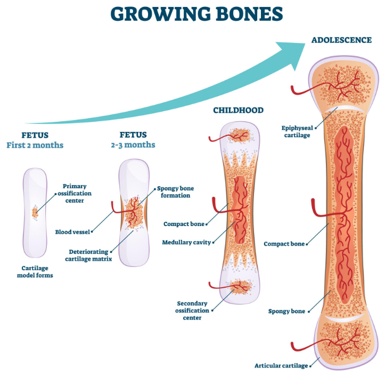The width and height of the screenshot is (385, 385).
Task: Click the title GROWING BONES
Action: tap(196, 14)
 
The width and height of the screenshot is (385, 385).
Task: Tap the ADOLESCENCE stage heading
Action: tap(341, 40)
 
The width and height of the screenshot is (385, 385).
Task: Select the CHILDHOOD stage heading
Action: tap(238, 110)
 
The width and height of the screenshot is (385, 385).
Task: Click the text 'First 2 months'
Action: tap(35, 145)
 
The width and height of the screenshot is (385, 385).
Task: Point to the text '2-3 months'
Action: tap(133, 145)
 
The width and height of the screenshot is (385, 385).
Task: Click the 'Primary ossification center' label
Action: tap(75, 193)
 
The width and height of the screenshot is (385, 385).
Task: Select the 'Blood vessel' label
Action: tap(72, 232)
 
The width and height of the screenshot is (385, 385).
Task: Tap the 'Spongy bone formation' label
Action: tap(175, 192)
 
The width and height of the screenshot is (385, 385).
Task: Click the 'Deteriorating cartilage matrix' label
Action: tap(88, 255)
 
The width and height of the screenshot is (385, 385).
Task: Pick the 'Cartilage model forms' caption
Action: tap(35, 272)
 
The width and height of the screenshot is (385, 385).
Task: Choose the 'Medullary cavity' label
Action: tap(186, 242)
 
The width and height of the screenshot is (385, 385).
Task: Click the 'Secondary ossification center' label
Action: tap(192, 311)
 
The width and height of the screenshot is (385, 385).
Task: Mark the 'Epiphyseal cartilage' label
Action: tap(297, 131)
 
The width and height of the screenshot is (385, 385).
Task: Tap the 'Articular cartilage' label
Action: tap(281, 366)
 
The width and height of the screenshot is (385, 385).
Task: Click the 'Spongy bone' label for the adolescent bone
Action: tap(286, 311)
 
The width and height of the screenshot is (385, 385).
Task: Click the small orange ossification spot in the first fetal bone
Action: tap(35, 213)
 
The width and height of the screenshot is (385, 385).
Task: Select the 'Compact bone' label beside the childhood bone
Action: tap(184, 224)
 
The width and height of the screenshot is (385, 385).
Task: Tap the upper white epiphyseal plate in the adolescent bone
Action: tap(344, 109)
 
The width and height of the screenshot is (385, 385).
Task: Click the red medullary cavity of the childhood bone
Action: tap(240, 210)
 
